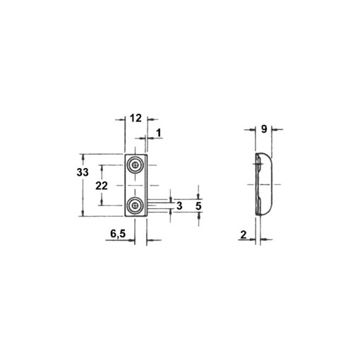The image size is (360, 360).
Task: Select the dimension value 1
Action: tap(159, 133)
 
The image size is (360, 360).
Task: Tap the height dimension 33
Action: tap(82, 173)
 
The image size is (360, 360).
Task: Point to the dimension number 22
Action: tap(101, 186)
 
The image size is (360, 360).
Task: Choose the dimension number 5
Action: tap(198, 205)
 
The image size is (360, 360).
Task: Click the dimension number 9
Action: tap(263, 129)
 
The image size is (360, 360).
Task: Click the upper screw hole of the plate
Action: tap(134, 166)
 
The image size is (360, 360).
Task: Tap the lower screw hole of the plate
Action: tap(134, 206)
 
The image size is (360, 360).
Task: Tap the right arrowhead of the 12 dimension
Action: tap(150, 121)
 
